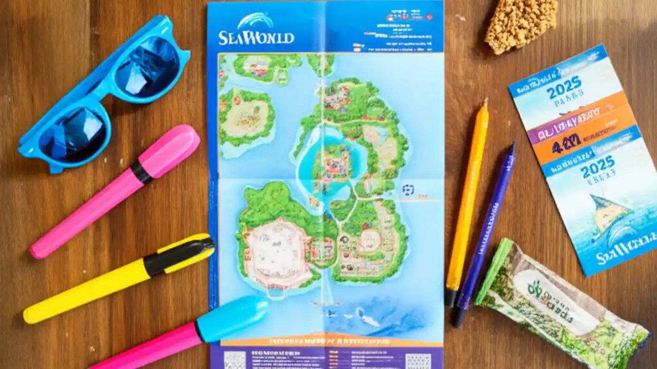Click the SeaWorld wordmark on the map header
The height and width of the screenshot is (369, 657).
coord(256,37)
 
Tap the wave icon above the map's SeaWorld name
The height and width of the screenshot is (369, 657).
coord(256,21)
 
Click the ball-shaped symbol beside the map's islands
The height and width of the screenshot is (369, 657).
coord(408,190)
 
